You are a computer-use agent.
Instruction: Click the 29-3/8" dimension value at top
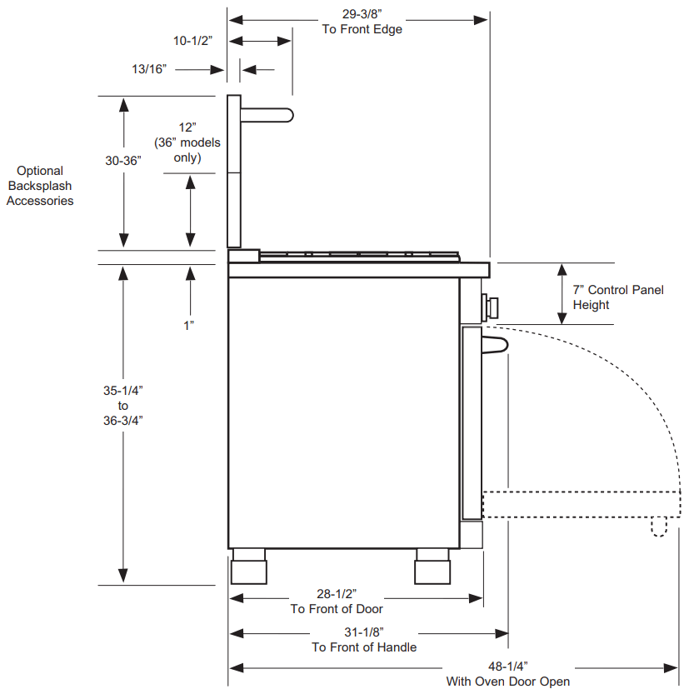tap(362, 14)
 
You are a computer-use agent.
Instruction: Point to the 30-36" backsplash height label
tap(123, 162)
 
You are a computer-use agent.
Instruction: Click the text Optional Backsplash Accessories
tap(40, 185)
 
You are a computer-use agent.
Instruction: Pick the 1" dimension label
tap(189, 325)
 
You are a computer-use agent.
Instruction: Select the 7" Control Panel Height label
tap(617, 297)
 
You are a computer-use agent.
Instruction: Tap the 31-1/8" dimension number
tap(364, 632)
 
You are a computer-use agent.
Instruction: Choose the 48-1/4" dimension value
tap(507, 667)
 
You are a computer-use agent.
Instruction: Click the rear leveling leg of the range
tap(249, 567)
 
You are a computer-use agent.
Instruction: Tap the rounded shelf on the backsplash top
tap(267, 115)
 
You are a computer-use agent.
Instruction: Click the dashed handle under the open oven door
tap(659, 527)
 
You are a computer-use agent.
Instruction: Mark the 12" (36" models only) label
tap(187, 142)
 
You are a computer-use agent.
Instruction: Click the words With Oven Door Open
tap(507, 682)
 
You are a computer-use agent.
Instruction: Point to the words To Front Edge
tap(362, 29)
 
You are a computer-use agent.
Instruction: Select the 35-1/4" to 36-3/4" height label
tap(123, 405)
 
